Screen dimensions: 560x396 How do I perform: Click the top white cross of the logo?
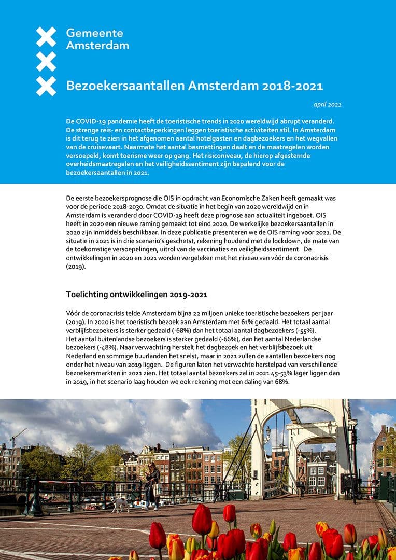46,37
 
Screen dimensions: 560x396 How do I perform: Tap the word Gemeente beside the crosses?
95,33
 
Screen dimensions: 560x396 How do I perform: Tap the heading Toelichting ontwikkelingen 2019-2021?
136,295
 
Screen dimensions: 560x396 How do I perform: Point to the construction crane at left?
17,437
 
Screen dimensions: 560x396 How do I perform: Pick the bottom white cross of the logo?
46,86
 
